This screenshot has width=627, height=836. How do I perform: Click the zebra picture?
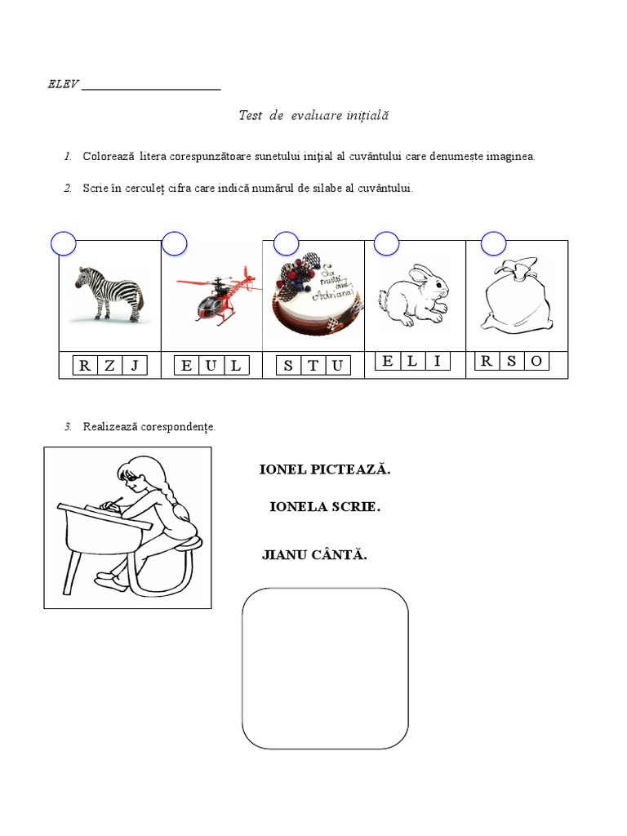(109, 294)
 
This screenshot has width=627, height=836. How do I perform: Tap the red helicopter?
(219, 295)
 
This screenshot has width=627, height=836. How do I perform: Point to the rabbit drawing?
(414, 294)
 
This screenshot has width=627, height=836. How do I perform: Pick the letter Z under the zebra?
(110, 366)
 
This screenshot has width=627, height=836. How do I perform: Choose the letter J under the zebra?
(135, 366)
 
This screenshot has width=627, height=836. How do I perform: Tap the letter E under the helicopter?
(186, 366)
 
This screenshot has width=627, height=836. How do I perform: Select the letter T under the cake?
(313, 366)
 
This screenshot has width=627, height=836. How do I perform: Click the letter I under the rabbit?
(438, 361)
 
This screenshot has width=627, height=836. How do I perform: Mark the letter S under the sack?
(511, 361)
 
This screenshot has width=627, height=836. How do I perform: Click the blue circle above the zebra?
(64, 244)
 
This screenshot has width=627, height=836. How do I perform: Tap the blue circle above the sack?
(493, 244)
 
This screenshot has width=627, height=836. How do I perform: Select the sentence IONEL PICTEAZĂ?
(325, 469)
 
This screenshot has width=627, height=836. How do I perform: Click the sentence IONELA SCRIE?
(325, 507)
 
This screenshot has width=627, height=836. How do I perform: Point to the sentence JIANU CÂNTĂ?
(314, 555)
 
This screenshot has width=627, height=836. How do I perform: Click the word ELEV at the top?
(63, 84)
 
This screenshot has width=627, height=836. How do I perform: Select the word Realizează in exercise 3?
(110, 427)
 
